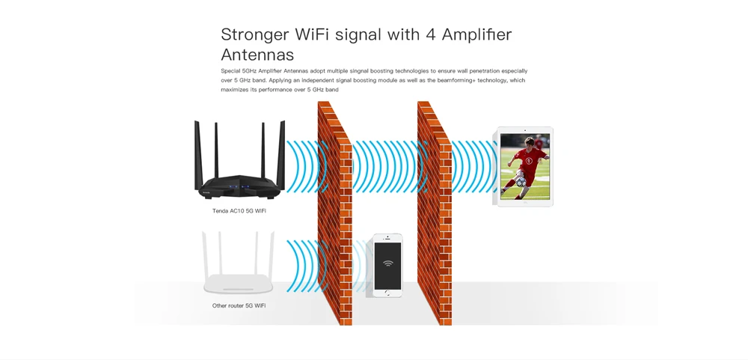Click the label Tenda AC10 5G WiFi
tap(239, 210)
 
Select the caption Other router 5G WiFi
tap(239, 305)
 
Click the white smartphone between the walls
tap(387, 266)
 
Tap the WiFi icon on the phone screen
tap(387, 263)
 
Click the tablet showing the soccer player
tap(525, 166)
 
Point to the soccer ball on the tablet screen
tap(521, 182)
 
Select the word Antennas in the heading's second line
tap(257, 55)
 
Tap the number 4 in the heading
tap(431, 34)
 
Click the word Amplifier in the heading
tap(476, 34)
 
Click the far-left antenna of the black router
tap(198, 155)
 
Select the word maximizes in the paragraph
tap(234, 90)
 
